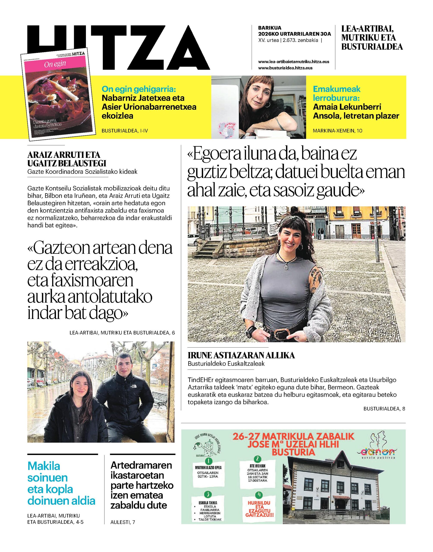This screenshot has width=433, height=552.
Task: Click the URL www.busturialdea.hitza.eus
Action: point(285,68)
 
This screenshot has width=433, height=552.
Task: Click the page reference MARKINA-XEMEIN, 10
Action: point(338,131)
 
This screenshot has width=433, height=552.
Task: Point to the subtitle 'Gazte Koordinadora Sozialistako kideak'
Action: point(82,172)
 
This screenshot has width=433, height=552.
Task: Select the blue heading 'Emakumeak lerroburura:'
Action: point(337,93)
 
